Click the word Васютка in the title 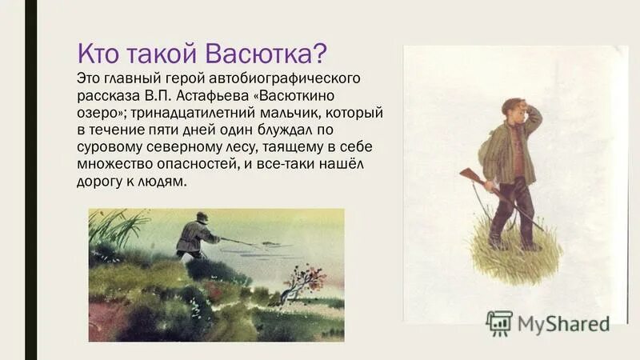[266, 54]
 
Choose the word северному [180, 148]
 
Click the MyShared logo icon [499, 322]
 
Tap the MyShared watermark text [563, 323]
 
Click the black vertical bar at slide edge [31, 180]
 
